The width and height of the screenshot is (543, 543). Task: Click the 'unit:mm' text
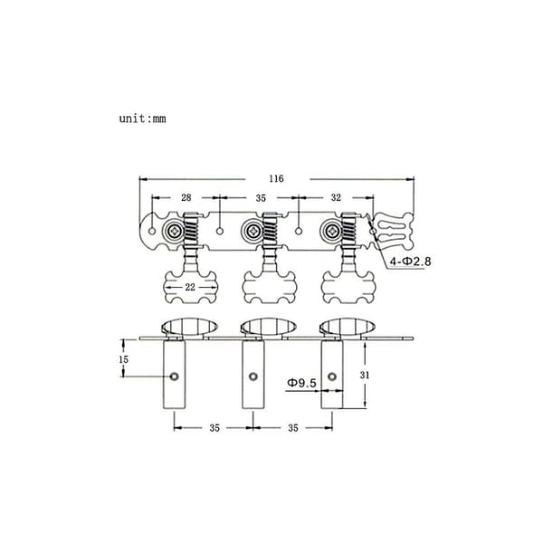click(x=143, y=119)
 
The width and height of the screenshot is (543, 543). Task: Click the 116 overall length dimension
click(x=276, y=178)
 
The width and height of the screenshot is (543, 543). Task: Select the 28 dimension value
click(x=186, y=197)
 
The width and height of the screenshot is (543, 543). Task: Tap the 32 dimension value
click(x=336, y=197)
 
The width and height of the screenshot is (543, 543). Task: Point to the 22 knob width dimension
click(x=190, y=287)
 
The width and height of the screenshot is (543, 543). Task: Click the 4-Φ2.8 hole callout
click(x=410, y=262)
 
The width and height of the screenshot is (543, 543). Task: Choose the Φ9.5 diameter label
click(x=301, y=383)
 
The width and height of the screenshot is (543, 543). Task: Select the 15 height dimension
click(x=123, y=359)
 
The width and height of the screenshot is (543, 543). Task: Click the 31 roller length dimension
click(x=365, y=375)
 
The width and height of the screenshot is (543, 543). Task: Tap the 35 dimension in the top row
click(x=261, y=198)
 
